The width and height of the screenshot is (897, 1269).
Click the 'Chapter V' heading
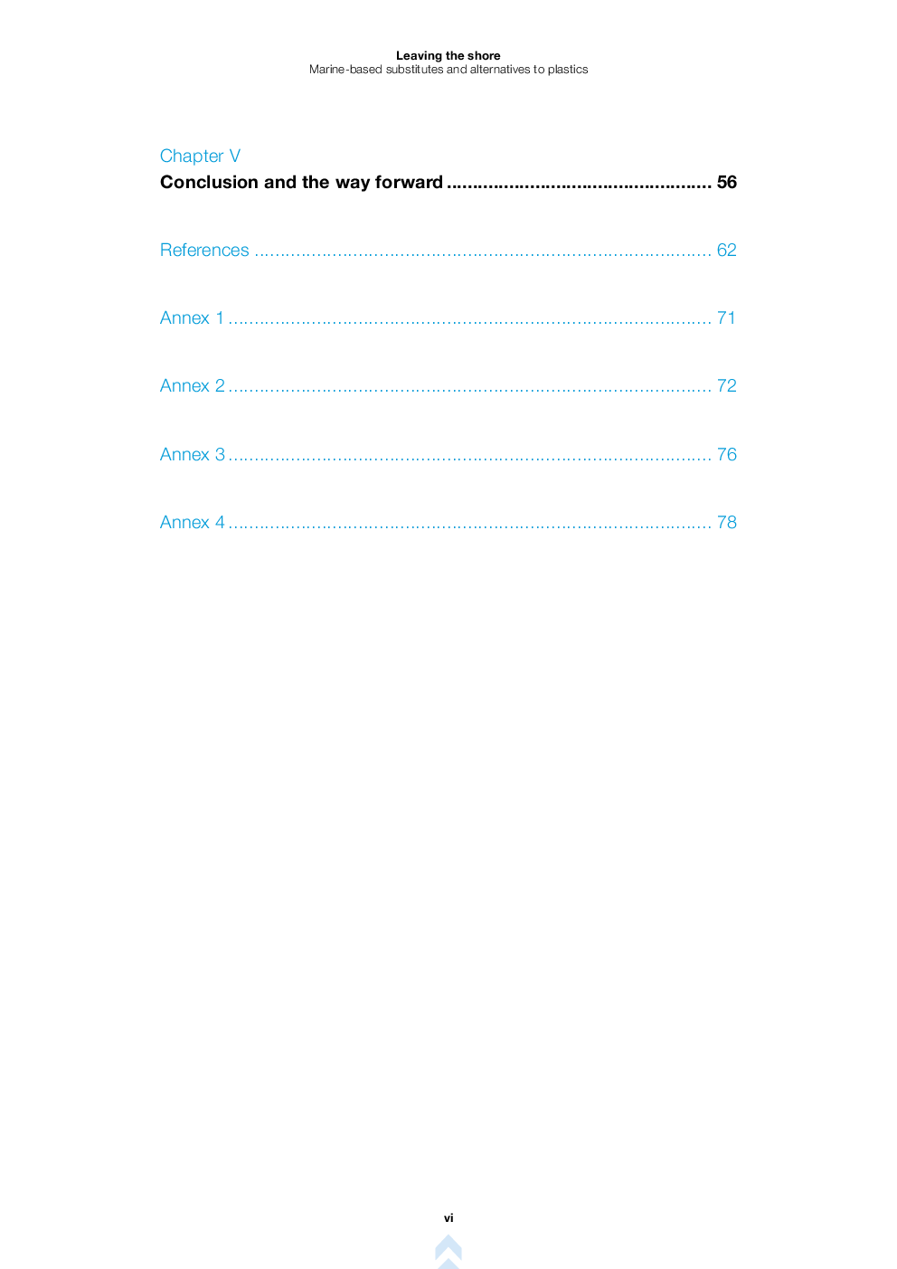(x=200, y=156)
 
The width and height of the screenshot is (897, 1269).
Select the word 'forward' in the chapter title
(x=409, y=182)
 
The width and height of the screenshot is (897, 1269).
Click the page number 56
(x=726, y=182)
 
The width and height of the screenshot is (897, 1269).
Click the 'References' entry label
(x=204, y=250)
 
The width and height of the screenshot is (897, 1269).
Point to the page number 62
(x=726, y=250)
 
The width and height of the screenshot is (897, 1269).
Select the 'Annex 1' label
(x=192, y=317)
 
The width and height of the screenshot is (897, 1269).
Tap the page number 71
(x=726, y=317)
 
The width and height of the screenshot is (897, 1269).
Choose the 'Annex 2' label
(x=193, y=386)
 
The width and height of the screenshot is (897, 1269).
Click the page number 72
(x=726, y=386)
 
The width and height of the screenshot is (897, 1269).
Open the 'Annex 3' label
(x=193, y=454)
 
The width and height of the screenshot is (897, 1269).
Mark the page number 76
(x=726, y=454)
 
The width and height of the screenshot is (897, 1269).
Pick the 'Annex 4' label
(x=193, y=522)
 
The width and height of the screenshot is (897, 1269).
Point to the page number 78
(x=726, y=522)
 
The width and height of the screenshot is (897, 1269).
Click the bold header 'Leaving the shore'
(x=448, y=55)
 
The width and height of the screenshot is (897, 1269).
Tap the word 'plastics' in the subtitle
(x=568, y=70)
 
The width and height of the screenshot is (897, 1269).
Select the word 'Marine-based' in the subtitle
(x=345, y=69)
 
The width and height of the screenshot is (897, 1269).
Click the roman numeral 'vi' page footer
(x=448, y=1218)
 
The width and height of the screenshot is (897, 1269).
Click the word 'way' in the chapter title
(x=353, y=183)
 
